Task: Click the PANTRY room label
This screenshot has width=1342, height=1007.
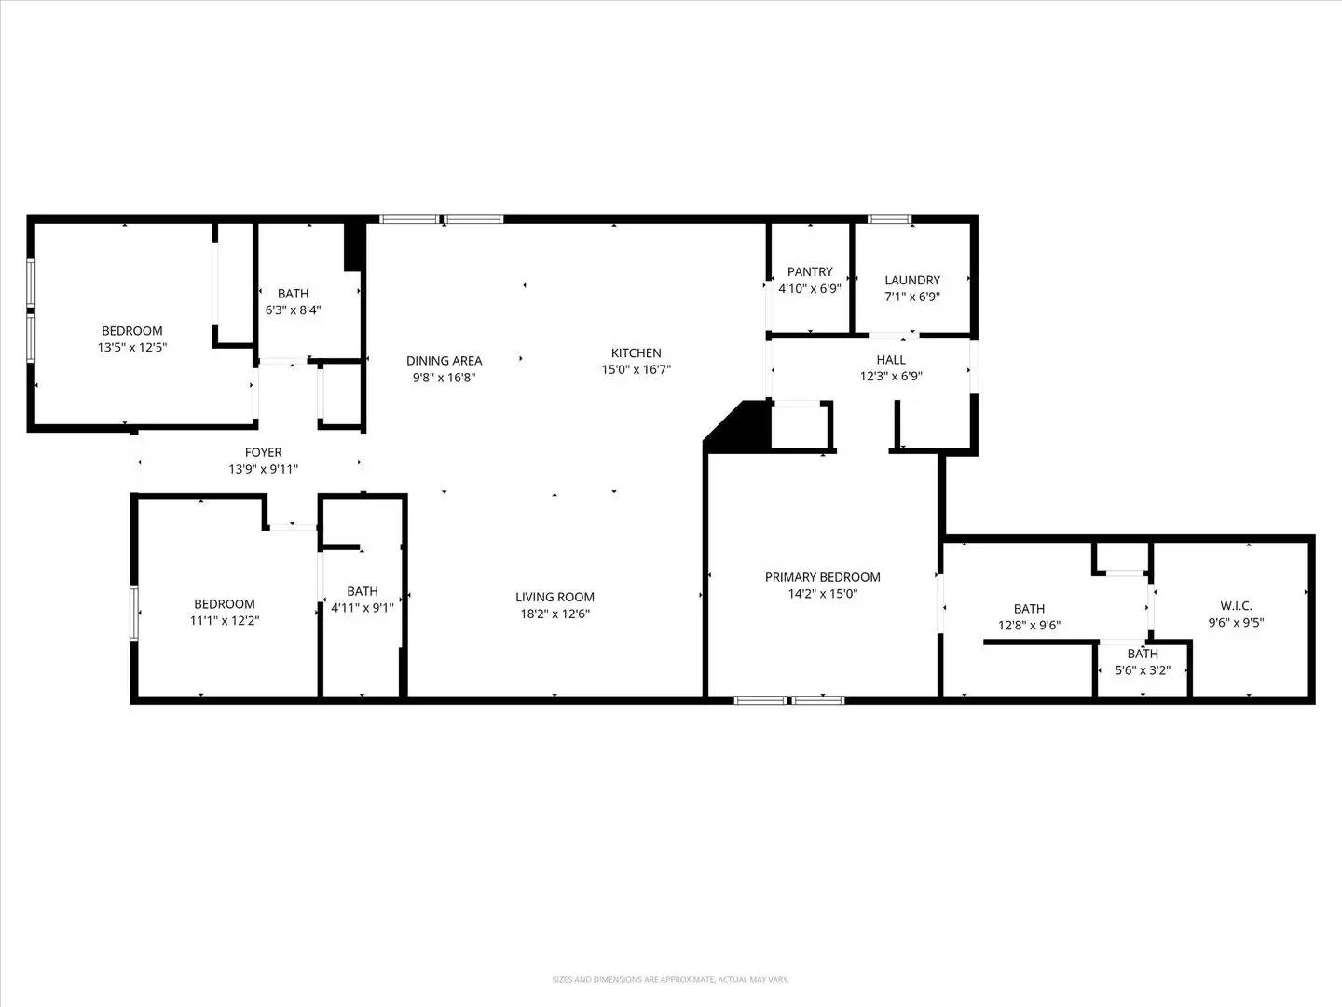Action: [x=810, y=272]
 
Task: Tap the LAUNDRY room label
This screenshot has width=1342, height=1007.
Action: [x=911, y=280]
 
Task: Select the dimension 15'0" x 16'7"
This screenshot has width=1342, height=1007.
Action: [x=636, y=369]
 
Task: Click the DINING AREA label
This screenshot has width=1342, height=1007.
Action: [x=444, y=361]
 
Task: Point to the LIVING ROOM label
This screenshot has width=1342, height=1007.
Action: [x=555, y=597]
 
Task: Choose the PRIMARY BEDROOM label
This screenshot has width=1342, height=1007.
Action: [x=822, y=577]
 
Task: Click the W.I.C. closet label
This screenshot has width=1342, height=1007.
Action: [x=1236, y=606]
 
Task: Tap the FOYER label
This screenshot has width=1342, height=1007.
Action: [x=263, y=452]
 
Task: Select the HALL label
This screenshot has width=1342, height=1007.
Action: [x=890, y=360]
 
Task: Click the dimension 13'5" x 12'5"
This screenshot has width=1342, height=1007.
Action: [x=131, y=347]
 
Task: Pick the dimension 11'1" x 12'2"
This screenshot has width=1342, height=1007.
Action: [x=224, y=620]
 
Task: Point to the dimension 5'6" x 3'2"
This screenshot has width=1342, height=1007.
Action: [x=1142, y=669]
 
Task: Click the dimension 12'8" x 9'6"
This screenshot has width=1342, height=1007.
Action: [x=1029, y=626]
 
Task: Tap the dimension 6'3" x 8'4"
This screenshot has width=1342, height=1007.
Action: [x=293, y=310]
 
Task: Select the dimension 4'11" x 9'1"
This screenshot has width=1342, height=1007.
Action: [x=362, y=607]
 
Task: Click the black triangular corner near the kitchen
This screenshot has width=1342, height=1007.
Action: [x=746, y=429]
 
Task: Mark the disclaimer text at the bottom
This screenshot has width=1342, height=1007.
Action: [x=670, y=979]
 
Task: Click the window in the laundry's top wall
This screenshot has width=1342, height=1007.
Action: [x=889, y=220]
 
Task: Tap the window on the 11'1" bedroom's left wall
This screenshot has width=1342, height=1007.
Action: [x=134, y=613]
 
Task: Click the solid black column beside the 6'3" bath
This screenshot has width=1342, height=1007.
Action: [x=353, y=246]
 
